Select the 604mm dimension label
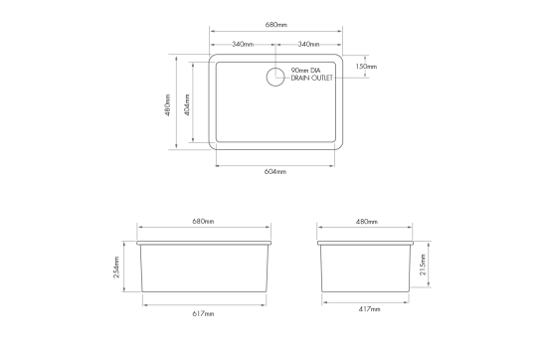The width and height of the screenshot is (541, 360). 275,171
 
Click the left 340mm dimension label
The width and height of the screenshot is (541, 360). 242,45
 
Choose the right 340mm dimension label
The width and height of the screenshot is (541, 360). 308,45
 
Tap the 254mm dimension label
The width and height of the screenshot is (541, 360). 118,267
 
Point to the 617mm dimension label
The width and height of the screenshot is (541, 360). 203,313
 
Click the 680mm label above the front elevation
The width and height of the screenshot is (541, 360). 203,221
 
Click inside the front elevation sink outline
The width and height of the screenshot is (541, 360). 203,269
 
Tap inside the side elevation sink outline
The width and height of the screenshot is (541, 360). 367,269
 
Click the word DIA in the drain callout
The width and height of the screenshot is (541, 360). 316,70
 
